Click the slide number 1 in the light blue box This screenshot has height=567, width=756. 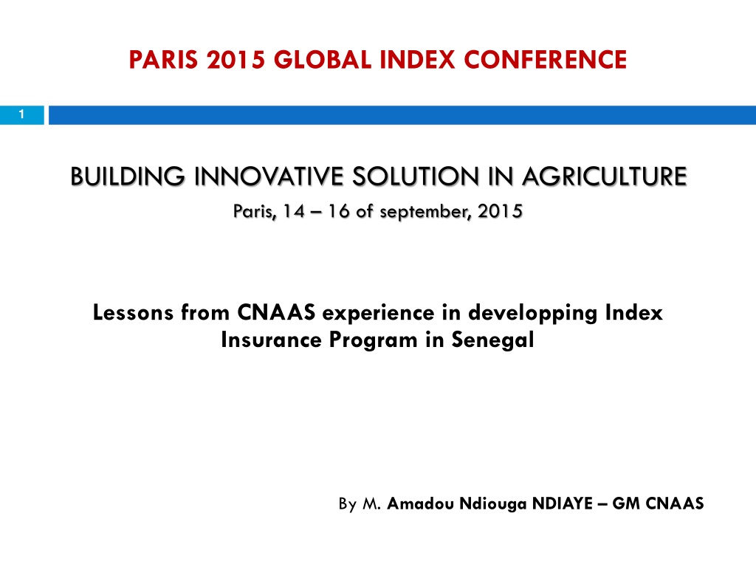tap(21, 114)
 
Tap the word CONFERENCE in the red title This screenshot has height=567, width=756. tap(545, 60)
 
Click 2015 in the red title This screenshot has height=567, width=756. tap(236, 60)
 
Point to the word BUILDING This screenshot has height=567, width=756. tap(127, 176)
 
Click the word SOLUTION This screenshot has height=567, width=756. tap(416, 176)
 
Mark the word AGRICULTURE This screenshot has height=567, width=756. tap(605, 176)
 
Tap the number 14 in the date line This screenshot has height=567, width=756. tap(294, 211)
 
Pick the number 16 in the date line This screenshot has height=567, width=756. tap(339, 211)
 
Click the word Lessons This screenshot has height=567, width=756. tap(133, 312)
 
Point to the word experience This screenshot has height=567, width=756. tap(379, 313)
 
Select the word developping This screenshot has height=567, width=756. tap(533, 313)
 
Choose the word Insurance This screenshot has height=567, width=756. tap(272, 340)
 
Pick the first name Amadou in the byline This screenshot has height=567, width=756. tap(420, 504)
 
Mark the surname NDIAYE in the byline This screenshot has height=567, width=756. tap(562, 504)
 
